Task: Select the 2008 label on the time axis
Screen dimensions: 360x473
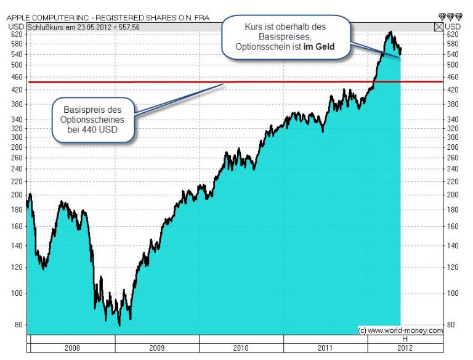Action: [71, 348]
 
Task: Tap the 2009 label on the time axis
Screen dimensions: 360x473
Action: [156, 348]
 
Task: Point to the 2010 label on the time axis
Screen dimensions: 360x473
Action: [241, 348]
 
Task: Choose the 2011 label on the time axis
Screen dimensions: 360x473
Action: [325, 348]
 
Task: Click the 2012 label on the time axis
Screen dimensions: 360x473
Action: [405, 348]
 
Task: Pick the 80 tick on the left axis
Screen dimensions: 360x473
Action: [18, 325]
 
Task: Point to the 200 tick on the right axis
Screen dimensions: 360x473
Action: [453, 195]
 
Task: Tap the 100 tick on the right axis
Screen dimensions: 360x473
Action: [453, 293]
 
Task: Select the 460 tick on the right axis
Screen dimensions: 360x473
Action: [453, 77]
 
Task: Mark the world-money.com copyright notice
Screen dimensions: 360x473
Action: [400, 330]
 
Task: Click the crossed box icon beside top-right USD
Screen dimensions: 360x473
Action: [439, 27]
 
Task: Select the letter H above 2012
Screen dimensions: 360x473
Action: [405, 340]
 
